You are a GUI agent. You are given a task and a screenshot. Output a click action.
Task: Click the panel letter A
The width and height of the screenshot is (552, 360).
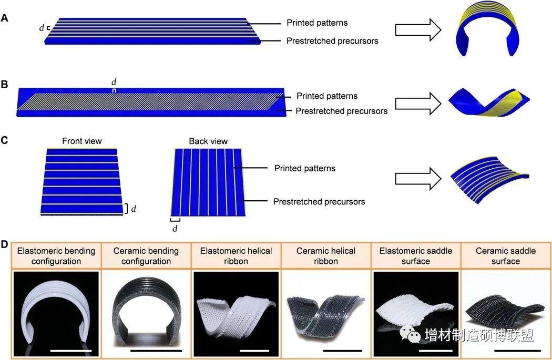click(5, 17)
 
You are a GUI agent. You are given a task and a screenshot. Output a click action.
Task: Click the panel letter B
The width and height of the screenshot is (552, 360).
click(4, 85)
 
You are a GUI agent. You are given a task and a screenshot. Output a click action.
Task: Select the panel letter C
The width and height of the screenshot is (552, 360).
click(4, 140)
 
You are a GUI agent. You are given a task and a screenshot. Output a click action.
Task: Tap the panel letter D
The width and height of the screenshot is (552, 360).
click(4, 244)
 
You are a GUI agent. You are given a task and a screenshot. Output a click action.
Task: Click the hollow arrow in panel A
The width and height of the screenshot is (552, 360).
click(418, 30)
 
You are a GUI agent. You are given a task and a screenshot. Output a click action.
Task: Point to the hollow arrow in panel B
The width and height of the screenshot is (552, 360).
click(418, 104)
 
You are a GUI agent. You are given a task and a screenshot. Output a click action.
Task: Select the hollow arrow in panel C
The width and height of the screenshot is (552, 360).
click(418, 179)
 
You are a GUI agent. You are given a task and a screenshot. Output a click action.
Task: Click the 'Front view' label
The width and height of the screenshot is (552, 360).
click(81, 141)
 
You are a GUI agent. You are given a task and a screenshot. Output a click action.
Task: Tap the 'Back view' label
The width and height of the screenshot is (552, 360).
click(208, 141)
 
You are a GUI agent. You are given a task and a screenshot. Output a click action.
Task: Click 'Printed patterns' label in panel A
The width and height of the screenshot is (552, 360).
click(317, 23)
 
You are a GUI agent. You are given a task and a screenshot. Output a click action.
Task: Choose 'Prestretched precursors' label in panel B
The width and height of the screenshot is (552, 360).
click(342, 111)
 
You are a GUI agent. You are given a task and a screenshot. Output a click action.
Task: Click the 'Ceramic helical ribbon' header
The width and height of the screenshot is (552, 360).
click(325, 256)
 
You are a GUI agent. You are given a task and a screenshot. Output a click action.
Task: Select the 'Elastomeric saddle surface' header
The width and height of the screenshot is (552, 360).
click(416, 256)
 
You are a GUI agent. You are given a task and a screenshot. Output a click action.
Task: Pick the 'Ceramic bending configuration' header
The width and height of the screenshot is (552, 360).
click(146, 256)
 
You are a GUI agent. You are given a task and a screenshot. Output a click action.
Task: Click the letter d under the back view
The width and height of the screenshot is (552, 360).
click(175, 229)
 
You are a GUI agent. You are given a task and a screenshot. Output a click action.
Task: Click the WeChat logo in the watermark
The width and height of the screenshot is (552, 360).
click(410, 334)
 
